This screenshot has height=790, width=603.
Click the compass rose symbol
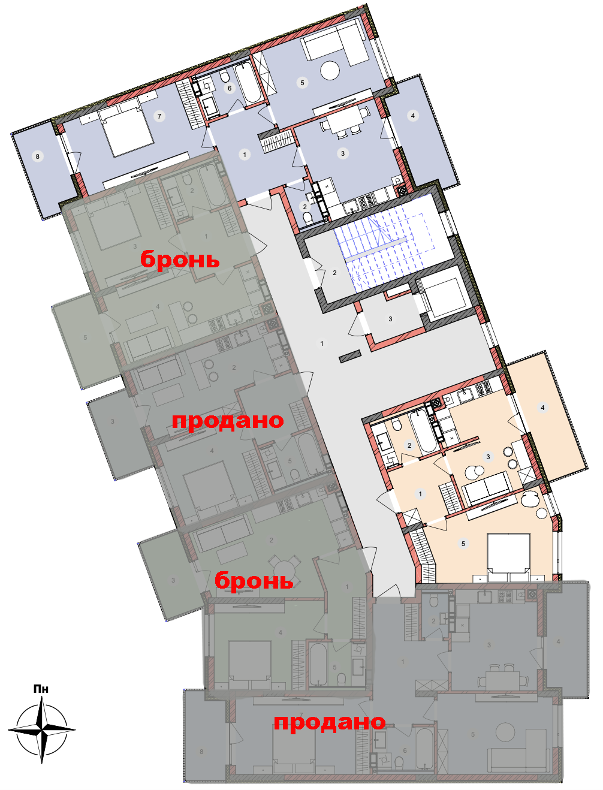coord(42,730)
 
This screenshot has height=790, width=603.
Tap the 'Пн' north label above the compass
coord(41,689)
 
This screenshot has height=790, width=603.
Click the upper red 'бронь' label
coord(180,259)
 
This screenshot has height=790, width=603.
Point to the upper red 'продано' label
coord(228,421)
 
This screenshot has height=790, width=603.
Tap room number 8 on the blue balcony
coord(37,156)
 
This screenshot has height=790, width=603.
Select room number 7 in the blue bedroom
coord(159,116)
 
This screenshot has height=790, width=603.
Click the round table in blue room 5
coord(330,71)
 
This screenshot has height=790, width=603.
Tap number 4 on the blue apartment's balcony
coord(412,116)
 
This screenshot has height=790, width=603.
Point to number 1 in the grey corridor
coord(322,343)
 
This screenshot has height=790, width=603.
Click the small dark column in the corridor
coord(351,356)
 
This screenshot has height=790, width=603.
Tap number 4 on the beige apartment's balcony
coord(542,408)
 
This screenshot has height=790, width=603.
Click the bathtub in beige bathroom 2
coord(423,432)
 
